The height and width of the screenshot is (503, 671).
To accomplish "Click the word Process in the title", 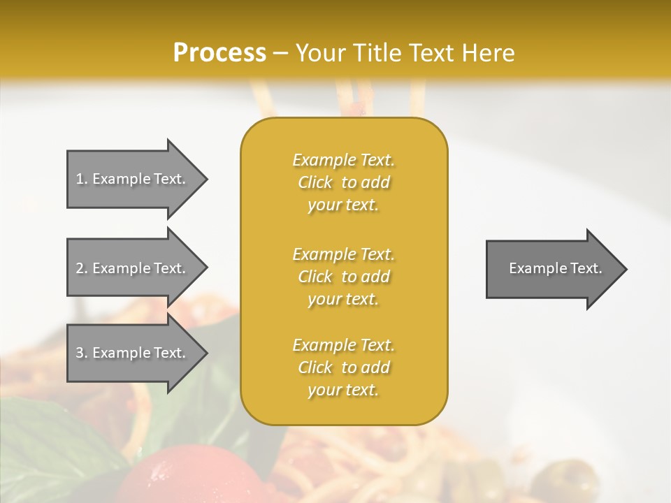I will (219, 53).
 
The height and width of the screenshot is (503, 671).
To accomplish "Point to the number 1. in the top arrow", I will (82, 179).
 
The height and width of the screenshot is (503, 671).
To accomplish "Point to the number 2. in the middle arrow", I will (82, 268).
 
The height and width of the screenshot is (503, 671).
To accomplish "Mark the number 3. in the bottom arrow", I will (82, 353).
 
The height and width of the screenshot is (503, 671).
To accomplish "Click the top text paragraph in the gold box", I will (344, 182).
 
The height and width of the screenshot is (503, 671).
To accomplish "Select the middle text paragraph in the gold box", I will (344, 277).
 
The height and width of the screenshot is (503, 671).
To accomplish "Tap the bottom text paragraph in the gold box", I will (344, 367).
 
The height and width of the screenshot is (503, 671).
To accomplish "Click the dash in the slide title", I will (281, 53).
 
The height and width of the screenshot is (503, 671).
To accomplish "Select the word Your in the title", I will (318, 53).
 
